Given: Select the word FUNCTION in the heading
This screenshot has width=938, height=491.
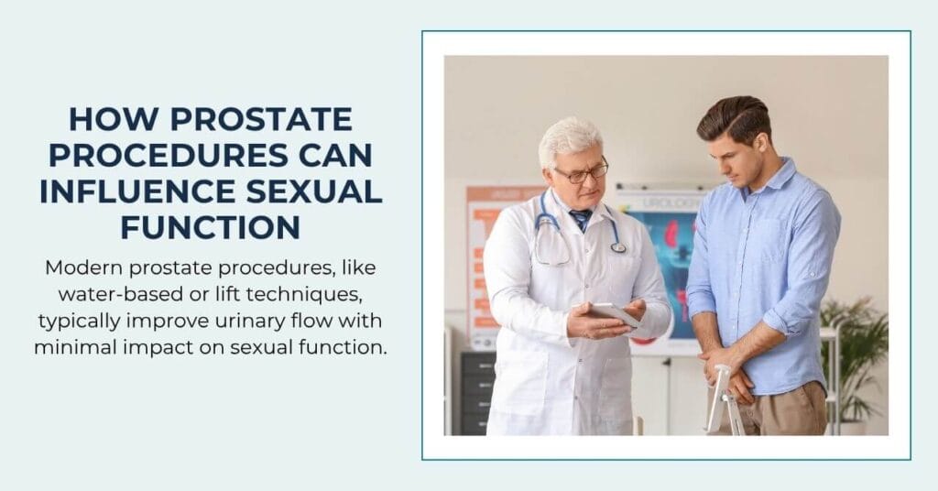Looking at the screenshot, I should click(211, 226).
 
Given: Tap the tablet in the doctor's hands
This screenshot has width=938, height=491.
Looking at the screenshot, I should click(612, 313).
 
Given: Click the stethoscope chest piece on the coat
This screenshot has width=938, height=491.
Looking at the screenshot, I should click(619, 246).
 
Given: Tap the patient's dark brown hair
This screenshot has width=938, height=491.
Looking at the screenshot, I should click(733, 117).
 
